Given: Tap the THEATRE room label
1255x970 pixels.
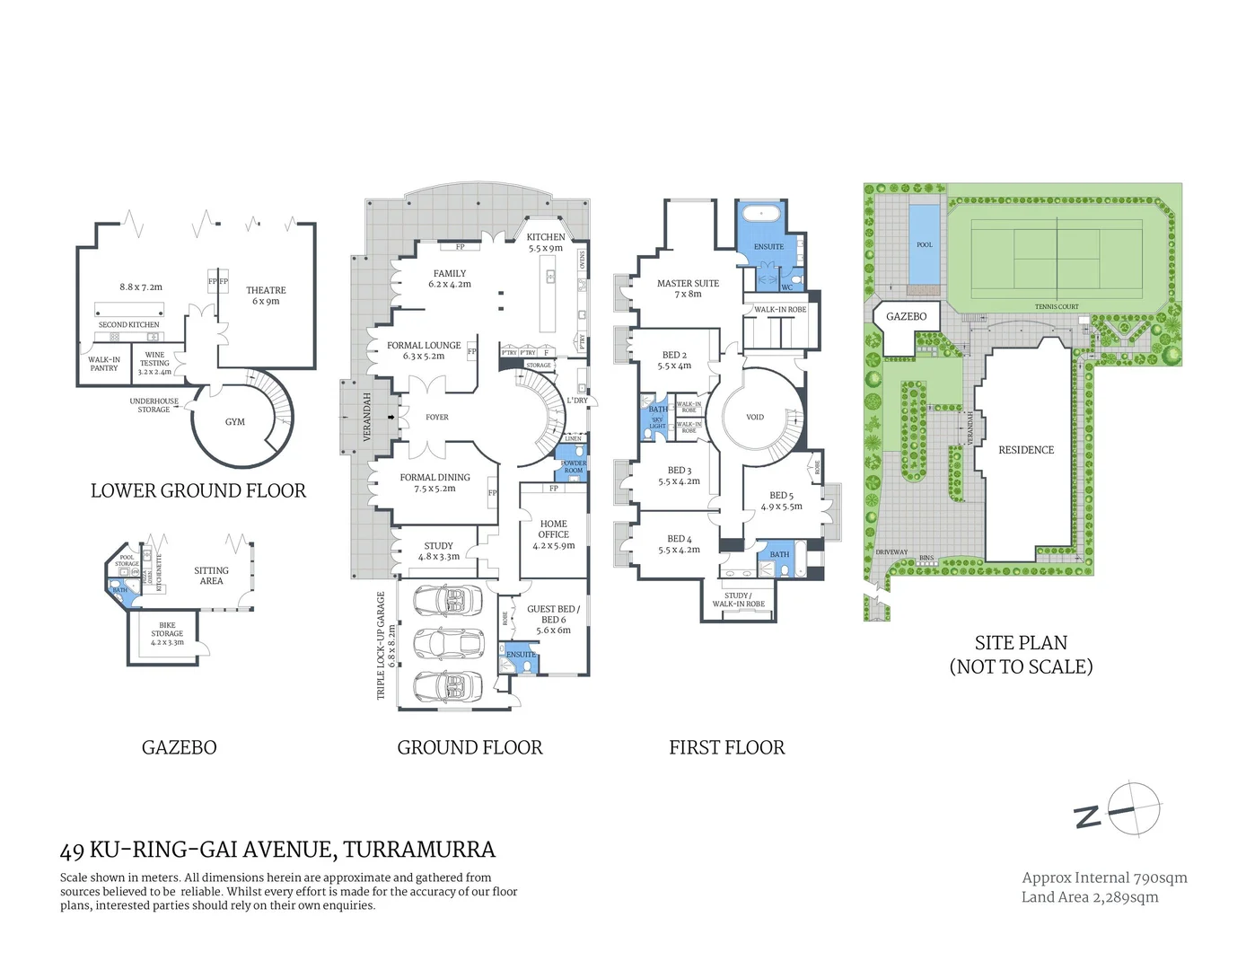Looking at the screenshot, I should point(266,291).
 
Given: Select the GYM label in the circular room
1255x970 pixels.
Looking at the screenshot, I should point(235,422).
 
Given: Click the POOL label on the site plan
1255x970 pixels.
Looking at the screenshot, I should point(925,245).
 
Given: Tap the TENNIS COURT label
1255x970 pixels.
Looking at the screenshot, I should point(1057,307).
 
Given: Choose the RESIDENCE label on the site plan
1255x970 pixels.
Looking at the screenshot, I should point(1026,450).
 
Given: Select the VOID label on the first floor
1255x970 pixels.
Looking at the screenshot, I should point(755,418).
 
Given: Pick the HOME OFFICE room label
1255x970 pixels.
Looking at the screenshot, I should point(554,529).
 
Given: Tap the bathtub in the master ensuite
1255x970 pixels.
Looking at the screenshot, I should point(761,214).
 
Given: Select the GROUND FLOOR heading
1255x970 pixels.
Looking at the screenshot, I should point(470,748).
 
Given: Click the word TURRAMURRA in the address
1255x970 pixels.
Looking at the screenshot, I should point(419,850).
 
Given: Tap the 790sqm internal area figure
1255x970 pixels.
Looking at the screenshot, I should point(1160,878).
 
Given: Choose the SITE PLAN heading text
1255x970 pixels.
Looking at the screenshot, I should point(1021,643).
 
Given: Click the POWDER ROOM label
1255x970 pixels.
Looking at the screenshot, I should point(574,467).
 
